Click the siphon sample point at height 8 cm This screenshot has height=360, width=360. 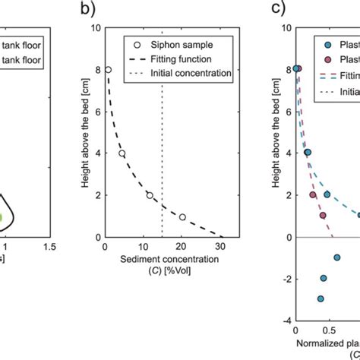[108, 69]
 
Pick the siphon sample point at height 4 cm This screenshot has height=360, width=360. [122, 153]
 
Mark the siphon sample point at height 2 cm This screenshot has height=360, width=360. [150, 195]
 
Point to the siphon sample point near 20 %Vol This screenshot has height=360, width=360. [182, 217]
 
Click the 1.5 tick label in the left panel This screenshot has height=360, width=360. [50, 248]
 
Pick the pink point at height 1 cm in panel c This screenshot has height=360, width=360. [323, 216]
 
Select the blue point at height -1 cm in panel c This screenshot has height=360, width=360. [336, 257]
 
